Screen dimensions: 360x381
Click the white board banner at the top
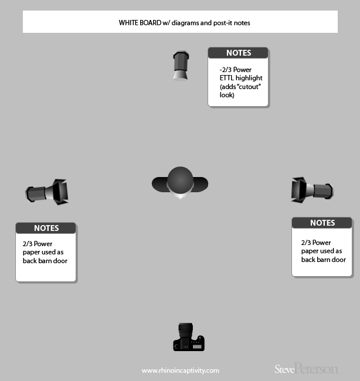180,22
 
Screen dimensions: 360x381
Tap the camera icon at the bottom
188,337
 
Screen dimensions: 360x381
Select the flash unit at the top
180,65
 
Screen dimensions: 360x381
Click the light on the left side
47,191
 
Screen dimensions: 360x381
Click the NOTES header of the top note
238,53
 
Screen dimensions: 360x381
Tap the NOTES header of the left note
46,228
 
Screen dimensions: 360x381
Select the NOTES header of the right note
322,223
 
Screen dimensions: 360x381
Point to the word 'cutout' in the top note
246,86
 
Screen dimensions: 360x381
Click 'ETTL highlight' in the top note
241,77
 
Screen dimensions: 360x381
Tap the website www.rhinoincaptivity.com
180,370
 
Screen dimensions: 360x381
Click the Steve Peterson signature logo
306,369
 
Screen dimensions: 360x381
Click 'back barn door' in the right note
323,260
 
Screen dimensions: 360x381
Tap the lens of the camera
186,329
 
